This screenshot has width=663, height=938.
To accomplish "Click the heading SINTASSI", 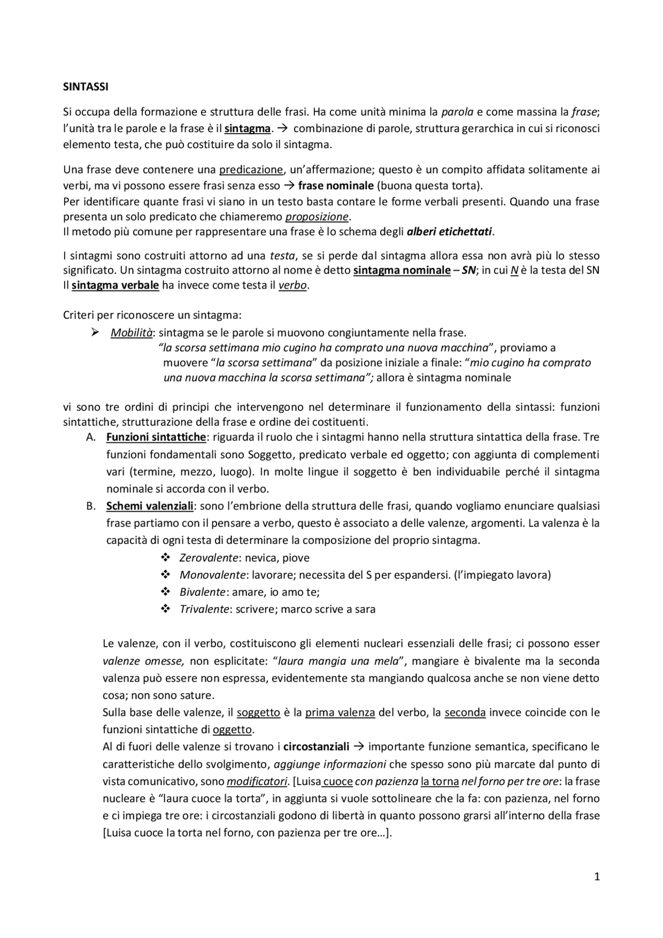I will click(85, 87).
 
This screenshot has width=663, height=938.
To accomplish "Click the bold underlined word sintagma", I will click(247, 128).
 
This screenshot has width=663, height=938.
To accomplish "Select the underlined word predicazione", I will click(251, 169).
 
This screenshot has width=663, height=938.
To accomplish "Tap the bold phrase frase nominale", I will click(336, 186).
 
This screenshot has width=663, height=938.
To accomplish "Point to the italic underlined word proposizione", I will click(318, 217).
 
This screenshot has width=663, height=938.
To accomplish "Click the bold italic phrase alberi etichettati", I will click(449, 232).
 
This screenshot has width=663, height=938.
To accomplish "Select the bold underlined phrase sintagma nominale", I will click(401, 270).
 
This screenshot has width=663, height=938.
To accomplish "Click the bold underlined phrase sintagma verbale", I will click(115, 285).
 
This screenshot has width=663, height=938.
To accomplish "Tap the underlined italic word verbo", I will click(293, 285).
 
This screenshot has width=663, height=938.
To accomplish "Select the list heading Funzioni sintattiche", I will click(156, 437).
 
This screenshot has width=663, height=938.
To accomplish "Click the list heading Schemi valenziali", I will click(150, 506).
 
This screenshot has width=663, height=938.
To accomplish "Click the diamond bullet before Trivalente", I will click(166, 609).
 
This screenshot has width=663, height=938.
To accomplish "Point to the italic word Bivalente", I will click(202, 592).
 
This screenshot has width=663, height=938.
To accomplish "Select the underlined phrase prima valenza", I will click(340, 713).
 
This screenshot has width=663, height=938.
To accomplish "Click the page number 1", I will click(597, 877).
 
